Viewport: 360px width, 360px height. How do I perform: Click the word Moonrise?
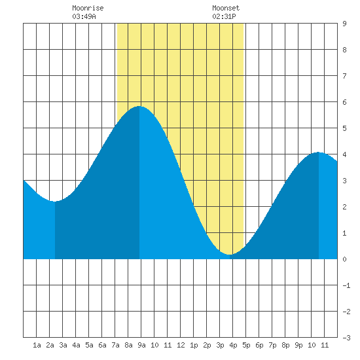click(x=88, y=8)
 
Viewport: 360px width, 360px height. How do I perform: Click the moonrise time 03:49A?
click(x=84, y=16)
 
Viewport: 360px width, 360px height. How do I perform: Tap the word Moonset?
click(x=226, y=8)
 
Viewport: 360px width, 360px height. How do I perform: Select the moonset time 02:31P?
click(x=224, y=16)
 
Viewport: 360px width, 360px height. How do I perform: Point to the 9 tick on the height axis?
click(x=344, y=24)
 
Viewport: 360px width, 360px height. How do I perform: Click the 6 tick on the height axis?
click(x=344, y=102)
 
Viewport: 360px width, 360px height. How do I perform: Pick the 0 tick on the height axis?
click(x=344, y=259)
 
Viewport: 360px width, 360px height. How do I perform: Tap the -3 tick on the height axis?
click(x=347, y=338)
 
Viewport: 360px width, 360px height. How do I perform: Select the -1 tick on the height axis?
click(x=347, y=285)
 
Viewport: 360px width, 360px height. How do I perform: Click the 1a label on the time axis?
click(x=37, y=345)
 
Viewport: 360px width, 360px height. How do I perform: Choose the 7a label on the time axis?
click(x=115, y=345)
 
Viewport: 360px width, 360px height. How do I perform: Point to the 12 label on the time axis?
click(x=181, y=345)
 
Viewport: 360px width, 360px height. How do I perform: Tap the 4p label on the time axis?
click(x=233, y=345)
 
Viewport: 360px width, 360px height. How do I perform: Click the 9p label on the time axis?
click(x=298, y=345)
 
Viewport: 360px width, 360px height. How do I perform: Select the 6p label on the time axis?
click(x=259, y=345)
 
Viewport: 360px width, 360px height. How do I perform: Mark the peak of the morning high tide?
click(x=139, y=106)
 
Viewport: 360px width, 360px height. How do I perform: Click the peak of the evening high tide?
click(x=319, y=153)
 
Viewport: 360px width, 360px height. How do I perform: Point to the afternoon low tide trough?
click(x=230, y=255)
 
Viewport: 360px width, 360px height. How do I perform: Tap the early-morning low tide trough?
click(x=55, y=202)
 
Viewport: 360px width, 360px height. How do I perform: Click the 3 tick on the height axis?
click(x=344, y=181)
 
